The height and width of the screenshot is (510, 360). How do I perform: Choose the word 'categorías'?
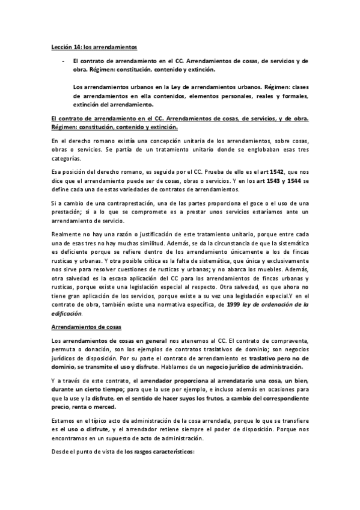(x=65, y=159)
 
